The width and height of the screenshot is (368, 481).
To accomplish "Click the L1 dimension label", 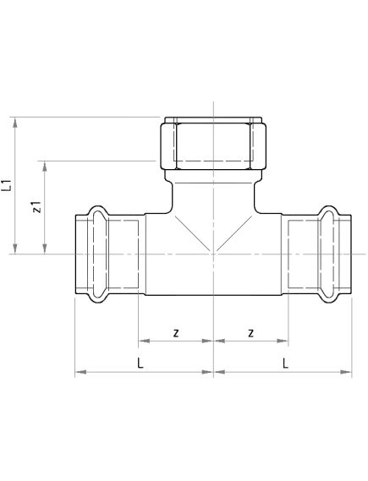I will tap(8, 183).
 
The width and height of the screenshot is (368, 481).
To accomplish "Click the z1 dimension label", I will tap(36, 207).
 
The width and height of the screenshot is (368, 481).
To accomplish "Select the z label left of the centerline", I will tap(175, 332).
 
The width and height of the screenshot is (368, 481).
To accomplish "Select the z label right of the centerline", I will tap(251, 332).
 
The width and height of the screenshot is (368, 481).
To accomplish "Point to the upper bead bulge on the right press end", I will tap(329, 210).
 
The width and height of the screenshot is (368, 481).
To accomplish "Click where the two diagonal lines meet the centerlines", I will tap(213, 253).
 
